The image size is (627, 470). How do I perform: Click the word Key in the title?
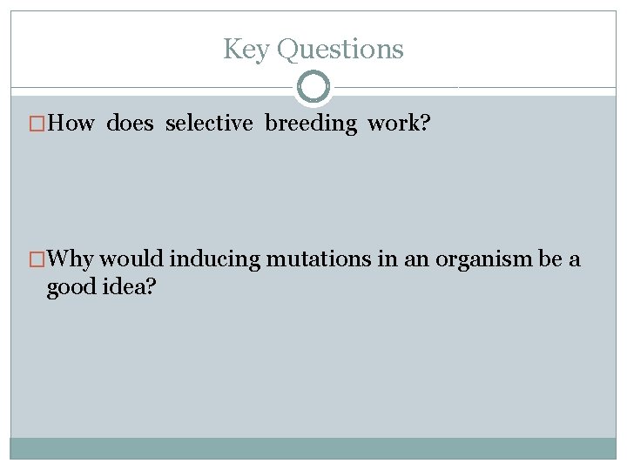246,50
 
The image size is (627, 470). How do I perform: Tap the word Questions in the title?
340,50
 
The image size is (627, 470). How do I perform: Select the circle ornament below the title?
313,87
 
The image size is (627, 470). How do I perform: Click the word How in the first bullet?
71,124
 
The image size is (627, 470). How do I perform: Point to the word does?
130,124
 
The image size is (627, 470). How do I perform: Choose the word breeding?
311,124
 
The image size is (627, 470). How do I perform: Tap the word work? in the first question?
396,124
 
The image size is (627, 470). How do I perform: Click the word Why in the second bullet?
72,259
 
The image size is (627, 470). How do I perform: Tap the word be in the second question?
551,259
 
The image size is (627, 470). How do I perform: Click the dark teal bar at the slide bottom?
313,448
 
